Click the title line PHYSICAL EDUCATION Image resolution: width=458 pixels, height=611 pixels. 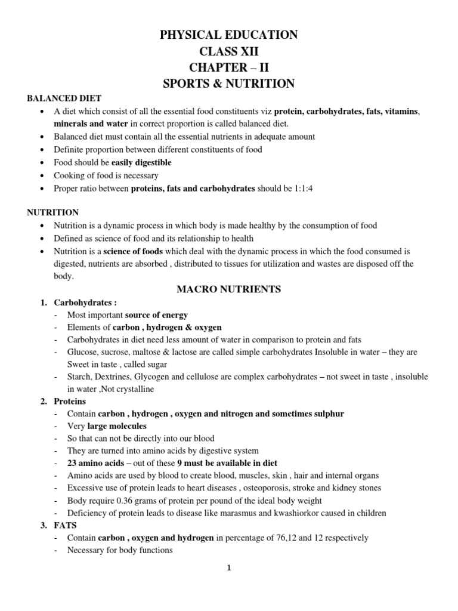coord(229,36)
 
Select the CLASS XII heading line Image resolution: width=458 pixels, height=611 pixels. coord(229,52)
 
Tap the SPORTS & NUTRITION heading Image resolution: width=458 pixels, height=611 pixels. coord(229,84)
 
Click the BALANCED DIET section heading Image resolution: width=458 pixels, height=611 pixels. coord(65,98)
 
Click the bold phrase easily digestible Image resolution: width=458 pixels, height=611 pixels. coord(141,162)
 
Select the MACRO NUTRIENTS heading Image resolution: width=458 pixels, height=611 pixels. coord(229,289)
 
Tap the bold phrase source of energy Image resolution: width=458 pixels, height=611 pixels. coord(157,315)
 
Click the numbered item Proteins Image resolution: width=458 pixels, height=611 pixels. coord(70,402)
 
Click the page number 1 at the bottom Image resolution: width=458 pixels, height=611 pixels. coord(229,568)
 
